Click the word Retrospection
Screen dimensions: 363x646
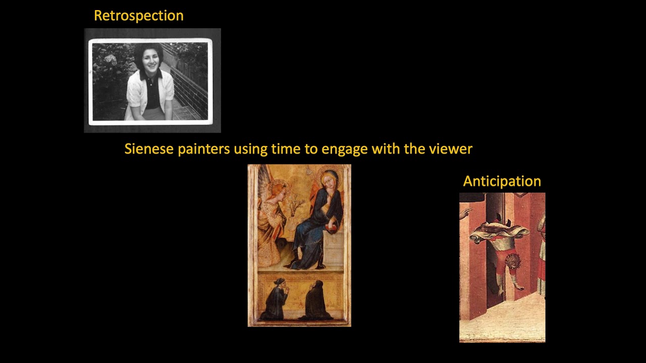point(138,16)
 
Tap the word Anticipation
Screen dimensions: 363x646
point(502,181)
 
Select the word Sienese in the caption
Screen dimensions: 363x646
point(149,149)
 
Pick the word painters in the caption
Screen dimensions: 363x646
point(204,149)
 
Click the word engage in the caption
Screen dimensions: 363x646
point(343,149)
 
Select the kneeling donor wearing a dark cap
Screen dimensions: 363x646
point(277,297)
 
